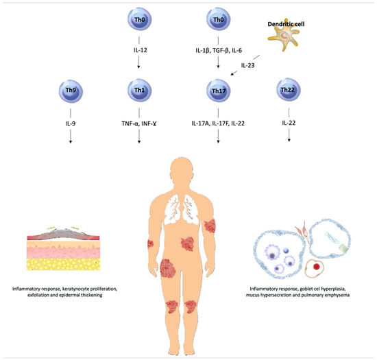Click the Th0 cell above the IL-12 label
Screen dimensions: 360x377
[x=140, y=21]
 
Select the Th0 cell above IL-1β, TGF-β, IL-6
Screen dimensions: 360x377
[x=219, y=21]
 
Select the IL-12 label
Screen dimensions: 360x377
[x=140, y=50]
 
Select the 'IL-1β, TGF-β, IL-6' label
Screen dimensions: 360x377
[x=219, y=50]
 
